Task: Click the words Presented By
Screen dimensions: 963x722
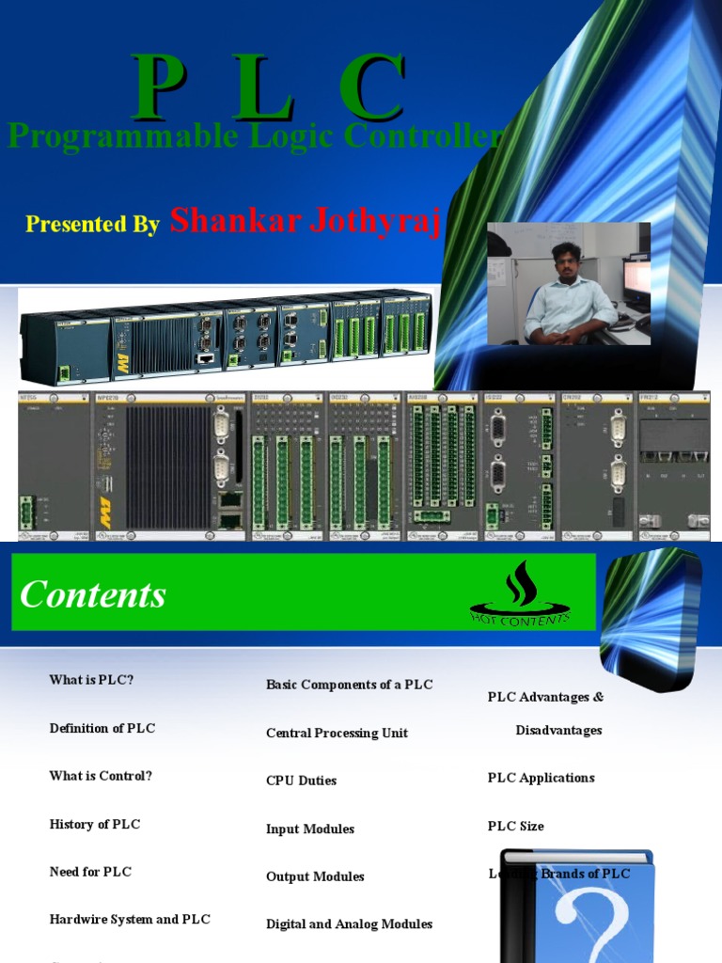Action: pos(92,224)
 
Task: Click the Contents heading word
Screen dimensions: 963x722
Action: pos(93,594)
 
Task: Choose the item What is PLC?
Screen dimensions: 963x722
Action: pos(91,679)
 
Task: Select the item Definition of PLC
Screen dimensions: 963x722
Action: pos(102,728)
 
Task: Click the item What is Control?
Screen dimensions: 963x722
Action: pos(101,776)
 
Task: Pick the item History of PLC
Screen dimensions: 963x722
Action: pos(95,824)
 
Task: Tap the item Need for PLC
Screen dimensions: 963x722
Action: pos(90,872)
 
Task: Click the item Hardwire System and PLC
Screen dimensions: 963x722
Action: pos(130,920)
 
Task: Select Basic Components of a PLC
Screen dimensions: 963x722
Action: pos(349,685)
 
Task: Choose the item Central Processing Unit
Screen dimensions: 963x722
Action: pos(337,733)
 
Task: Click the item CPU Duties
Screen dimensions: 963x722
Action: pos(301,781)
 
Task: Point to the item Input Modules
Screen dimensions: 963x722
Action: pos(310,829)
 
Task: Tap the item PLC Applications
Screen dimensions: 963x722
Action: pos(541,778)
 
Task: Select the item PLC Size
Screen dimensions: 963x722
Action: pos(515,826)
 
